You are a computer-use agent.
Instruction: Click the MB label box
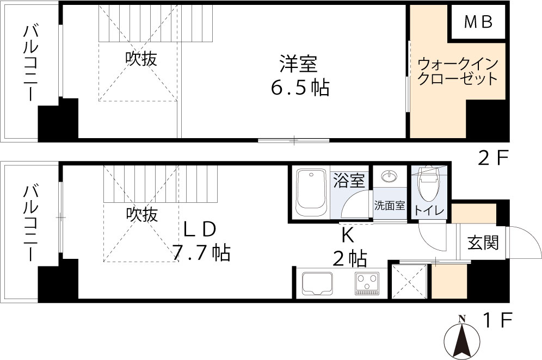click(478, 22)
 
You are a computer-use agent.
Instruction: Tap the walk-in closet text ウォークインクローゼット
click(457, 71)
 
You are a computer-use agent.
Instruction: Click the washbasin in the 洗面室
click(390, 177)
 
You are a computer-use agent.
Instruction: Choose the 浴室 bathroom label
click(349, 180)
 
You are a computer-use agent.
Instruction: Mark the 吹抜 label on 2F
click(141, 59)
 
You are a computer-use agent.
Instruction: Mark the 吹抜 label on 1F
click(142, 215)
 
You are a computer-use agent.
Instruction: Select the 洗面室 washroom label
click(389, 206)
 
